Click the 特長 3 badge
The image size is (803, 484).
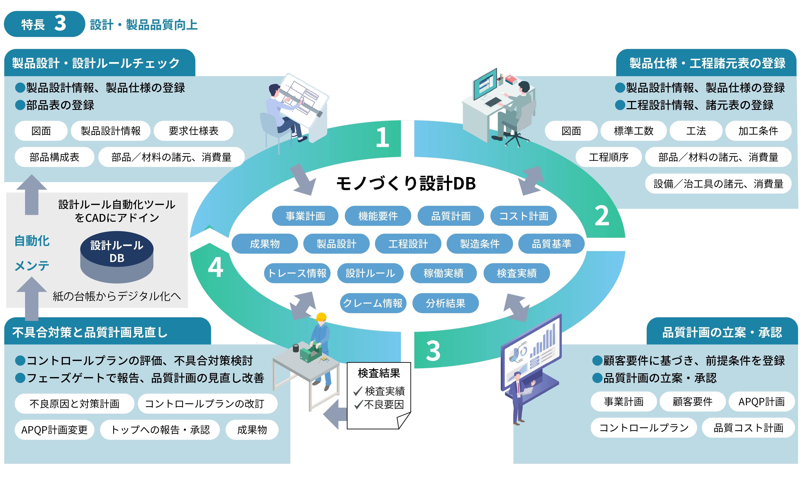point(44,24)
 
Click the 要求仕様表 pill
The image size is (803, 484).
point(193,131)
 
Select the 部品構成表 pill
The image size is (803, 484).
point(54,157)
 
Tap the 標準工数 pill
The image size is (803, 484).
point(633,131)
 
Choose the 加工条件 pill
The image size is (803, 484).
point(758,131)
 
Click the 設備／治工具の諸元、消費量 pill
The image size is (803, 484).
point(718,184)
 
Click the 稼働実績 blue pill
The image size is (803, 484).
point(443,273)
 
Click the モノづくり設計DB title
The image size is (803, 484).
point(406,183)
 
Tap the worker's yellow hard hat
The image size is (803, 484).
point(321,317)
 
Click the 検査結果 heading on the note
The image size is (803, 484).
point(379,373)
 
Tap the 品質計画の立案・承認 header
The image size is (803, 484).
point(722,332)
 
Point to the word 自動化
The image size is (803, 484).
point(32,241)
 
